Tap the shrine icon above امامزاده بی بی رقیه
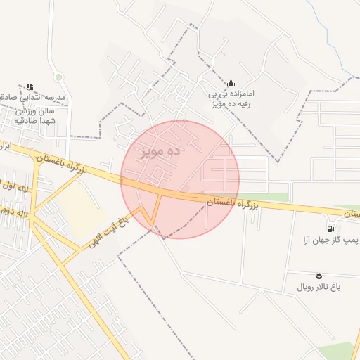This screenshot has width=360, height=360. tap(231, 84)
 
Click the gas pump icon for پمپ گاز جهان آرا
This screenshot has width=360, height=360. tap(330, 229)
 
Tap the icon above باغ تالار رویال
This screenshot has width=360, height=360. tap(320, 275)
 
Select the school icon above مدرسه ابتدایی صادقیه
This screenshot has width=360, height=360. tap(30, 86)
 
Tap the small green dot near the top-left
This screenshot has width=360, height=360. tap(58, 77)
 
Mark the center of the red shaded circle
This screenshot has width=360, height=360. tap(180, 179)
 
